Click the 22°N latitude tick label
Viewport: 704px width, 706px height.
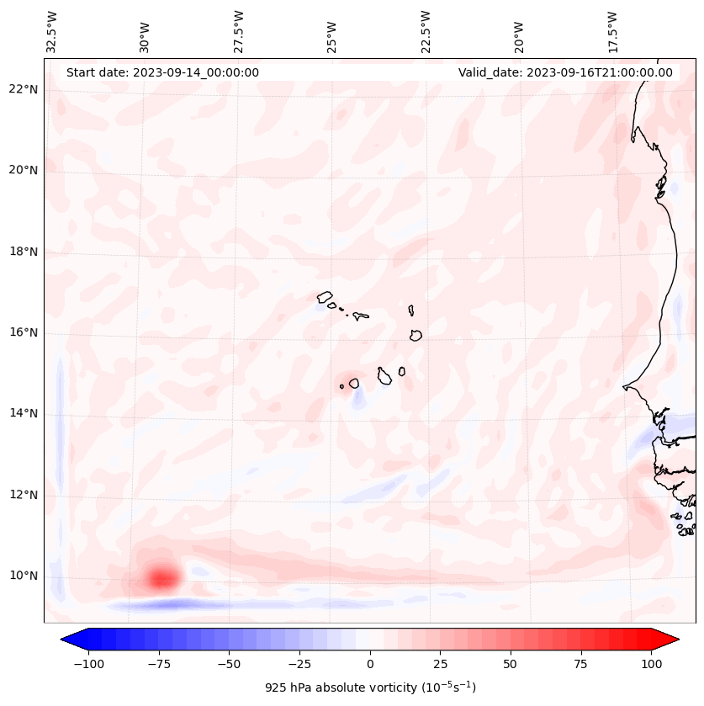[x=23, y=89]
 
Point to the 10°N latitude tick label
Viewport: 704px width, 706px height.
[x=23, y=576]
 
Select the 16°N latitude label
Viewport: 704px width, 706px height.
[x=23, y=332]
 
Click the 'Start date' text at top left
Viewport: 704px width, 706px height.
[x=162, y=72]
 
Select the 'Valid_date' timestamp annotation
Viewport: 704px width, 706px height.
[x=565, y=72]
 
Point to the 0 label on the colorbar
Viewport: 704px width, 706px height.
[x=370, y=664]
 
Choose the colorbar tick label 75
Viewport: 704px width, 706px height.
[x=580, y=664]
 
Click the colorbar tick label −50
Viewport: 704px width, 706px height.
[x=230, y=664]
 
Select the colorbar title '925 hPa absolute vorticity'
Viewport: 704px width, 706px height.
[x=370, y=687]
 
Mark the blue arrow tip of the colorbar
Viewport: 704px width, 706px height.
[x=69, y=640]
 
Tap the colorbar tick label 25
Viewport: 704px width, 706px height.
[x=440, y=664]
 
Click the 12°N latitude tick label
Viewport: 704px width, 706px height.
[x=23, y=495]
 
